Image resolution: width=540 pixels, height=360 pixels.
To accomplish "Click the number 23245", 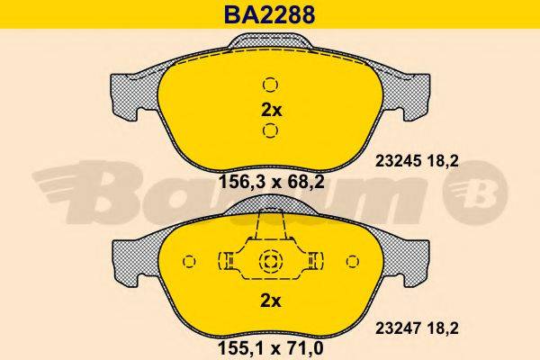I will point(393,162).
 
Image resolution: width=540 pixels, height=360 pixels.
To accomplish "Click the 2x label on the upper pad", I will point(270,111).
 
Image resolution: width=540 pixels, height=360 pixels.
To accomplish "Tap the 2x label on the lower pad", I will point(270,299).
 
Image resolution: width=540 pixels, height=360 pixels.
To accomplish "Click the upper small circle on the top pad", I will point(270,85).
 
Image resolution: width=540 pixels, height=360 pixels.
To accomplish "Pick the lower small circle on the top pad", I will point(270,133).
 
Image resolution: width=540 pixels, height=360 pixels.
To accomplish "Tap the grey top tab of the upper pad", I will point(270,41).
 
